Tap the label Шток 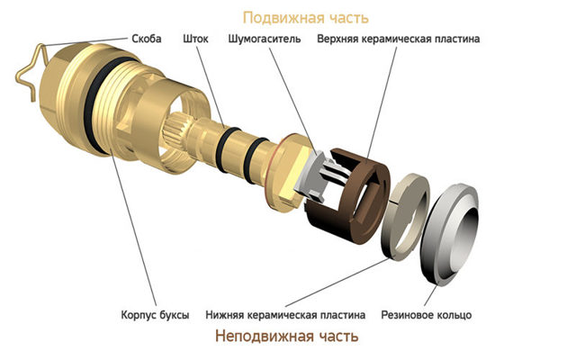click(x=196, y=40)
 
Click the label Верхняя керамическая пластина click(x=397, y=40)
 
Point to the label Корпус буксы click(x=155, y=315)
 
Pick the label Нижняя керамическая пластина click(x=285, y=315)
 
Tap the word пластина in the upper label click(x=454, y=40)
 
